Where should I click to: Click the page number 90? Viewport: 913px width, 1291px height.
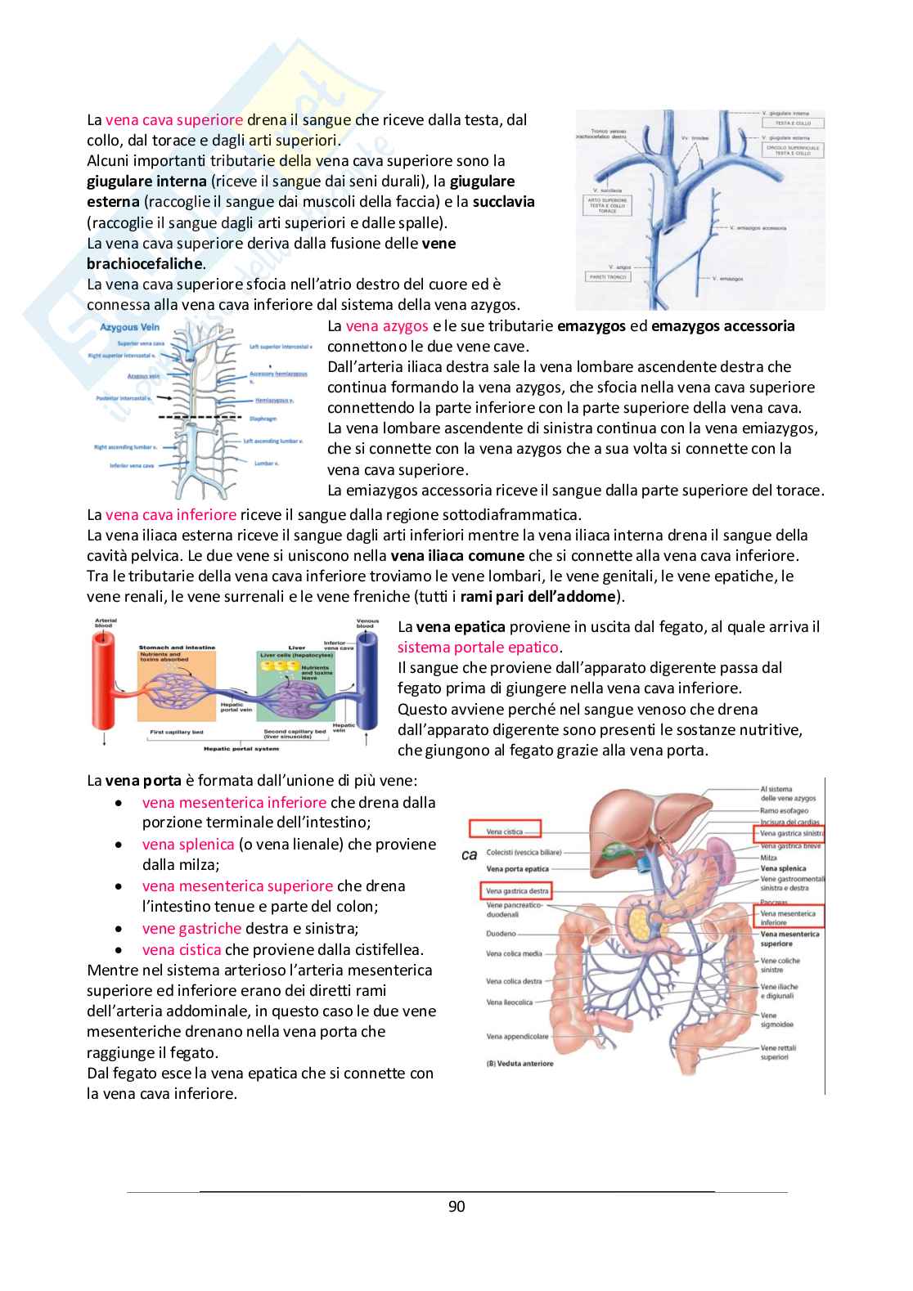pos(456,1207)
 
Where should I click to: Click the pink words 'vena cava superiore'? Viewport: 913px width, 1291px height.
pos(174,119)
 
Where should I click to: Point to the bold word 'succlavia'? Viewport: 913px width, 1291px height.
pos(503,202)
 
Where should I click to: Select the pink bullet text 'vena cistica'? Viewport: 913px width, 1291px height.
pos(182,949)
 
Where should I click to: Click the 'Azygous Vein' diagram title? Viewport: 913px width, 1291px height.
pos(129,327)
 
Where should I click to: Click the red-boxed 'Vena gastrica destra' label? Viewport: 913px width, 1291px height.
pos(517,890)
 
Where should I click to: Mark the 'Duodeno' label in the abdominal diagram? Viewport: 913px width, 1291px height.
pos(501,933)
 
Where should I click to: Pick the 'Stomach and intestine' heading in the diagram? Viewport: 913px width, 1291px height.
pos(176,648)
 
